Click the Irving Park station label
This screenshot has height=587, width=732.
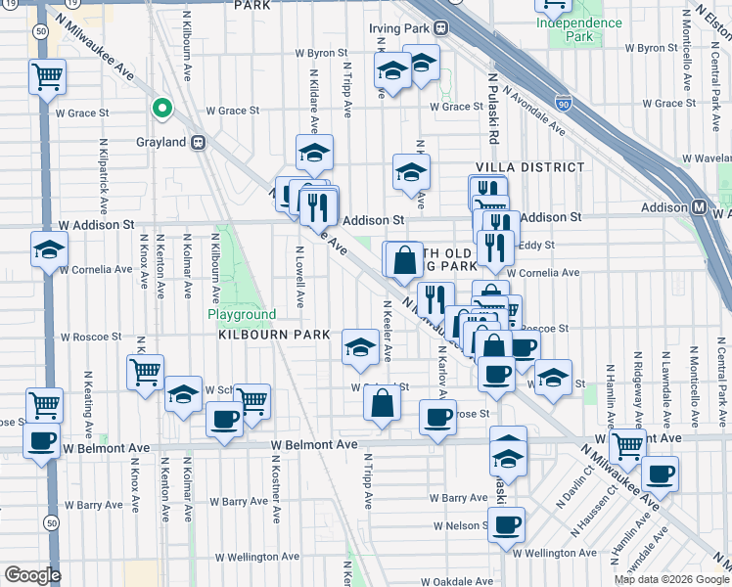pyautogui.click(x=399, y=28)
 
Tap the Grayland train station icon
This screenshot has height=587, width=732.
pyautogui.click(x=199, y=142)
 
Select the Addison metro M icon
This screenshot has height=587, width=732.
pyautogui.click(x=699, y=207)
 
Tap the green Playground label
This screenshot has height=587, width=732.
pyautogui.click(x=241, y=314)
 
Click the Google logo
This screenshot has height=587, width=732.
pyautogui.click(x=32, y=575)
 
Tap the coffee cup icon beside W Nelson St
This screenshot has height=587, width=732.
pyautogui.click(x=506, y=524)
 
